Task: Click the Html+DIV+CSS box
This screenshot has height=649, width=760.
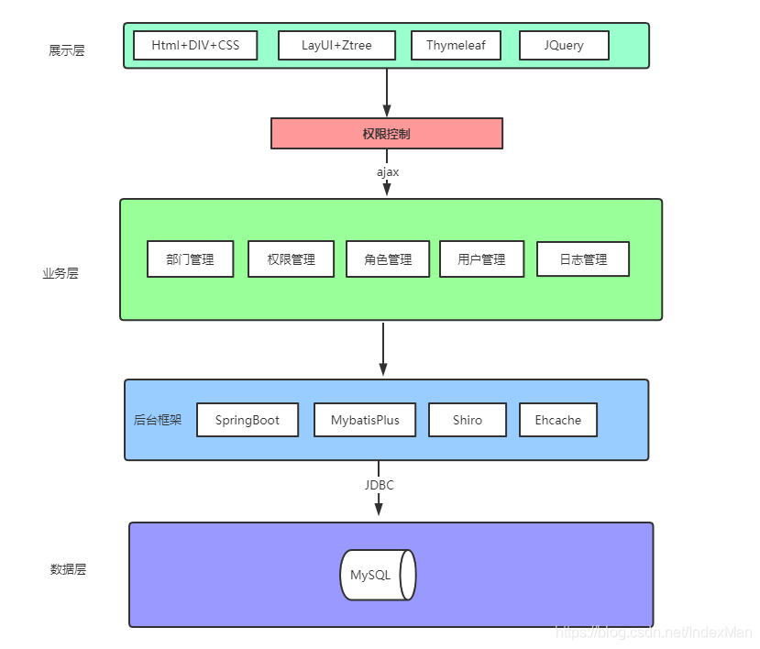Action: (195, 45)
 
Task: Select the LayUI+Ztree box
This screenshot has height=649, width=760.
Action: (336, 45)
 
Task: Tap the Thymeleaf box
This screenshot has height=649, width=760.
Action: (457, 45)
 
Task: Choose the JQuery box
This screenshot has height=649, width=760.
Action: (564, 45)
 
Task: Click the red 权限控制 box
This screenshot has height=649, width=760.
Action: (386, 133)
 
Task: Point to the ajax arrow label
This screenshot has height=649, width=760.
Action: (387, 171)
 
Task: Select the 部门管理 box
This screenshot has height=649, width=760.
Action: (191, 259)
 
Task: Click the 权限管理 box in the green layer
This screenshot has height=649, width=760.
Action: (292, 259)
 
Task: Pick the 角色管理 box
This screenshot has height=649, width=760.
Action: (389, 259)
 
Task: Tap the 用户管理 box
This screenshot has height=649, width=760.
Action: (482, 259)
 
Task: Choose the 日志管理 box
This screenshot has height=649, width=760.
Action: (583, 259)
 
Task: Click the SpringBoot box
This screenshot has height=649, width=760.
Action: (248, 420)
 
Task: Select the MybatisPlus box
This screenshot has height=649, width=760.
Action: (365, 420)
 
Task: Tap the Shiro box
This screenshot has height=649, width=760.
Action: (468, 420)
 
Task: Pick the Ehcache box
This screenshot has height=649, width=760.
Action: (558, 420)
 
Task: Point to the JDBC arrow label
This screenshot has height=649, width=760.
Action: (379, 485)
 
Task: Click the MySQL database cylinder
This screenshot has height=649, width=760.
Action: (378, 576)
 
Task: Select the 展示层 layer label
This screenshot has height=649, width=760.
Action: (67, 50)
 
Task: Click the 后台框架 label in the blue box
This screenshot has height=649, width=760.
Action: (158, 420)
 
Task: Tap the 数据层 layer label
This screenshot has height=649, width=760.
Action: (68, 569)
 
